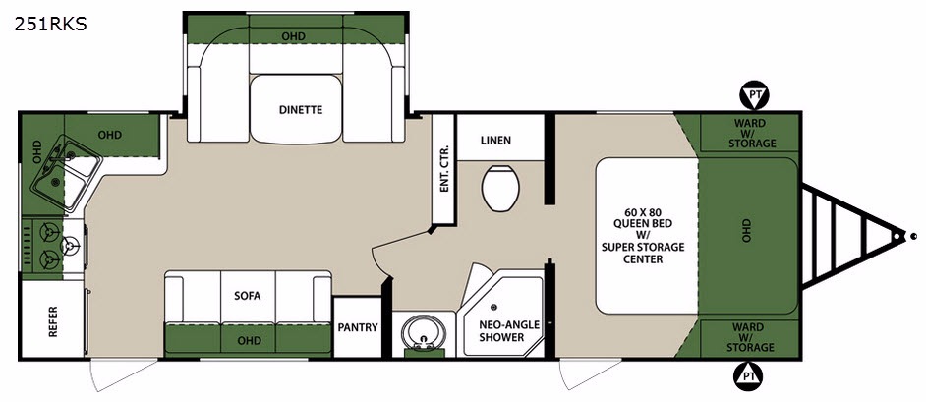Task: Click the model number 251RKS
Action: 51,25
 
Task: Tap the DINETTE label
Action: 301,109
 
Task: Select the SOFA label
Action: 247,296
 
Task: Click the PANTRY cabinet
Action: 357,327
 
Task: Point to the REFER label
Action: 53,321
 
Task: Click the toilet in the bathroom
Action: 500,187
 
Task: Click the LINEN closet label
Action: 495,141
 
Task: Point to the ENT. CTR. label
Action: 444,169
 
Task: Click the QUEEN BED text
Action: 643,223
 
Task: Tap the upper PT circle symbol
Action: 755,95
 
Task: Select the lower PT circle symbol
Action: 748,375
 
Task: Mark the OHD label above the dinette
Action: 293,36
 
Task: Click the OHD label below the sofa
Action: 249,341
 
